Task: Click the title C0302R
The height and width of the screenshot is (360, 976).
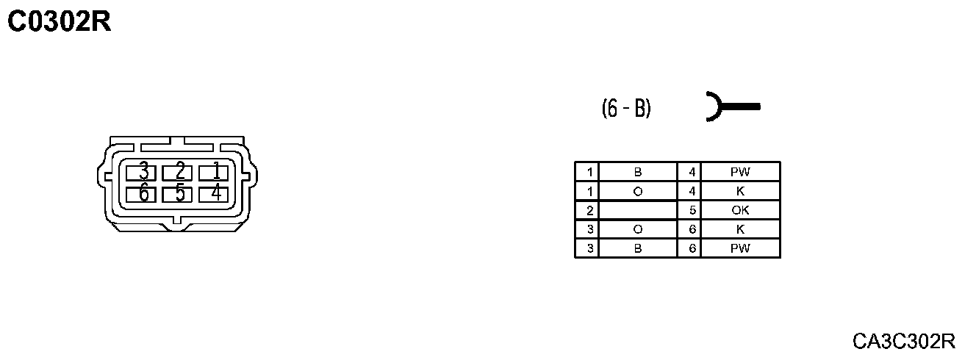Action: [59, 22]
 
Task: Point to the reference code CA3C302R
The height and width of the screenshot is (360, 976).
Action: [904, 341]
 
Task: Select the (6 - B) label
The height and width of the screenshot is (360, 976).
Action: [626, 109]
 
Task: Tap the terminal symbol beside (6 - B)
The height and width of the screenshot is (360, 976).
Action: [731, 107]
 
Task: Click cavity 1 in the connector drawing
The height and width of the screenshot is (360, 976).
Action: [216, 173]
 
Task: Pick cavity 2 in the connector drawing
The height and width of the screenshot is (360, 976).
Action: [179, 173]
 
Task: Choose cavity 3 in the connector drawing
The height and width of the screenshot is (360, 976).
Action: [143, 173]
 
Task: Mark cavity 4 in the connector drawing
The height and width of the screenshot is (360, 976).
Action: [216, 194]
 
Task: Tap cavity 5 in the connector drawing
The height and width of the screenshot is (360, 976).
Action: [179, 194]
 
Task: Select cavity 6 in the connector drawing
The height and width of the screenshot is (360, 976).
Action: [143, 194]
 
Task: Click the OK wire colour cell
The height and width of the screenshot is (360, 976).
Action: [740, 210]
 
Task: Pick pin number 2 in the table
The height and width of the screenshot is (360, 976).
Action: [589, 210]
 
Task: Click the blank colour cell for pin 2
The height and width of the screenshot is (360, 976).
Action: [638, 210]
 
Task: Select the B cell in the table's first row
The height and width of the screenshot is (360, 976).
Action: [638, 172]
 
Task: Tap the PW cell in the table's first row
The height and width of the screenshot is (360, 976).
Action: [740, 172]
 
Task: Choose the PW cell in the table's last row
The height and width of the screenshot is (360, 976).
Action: [740, 248]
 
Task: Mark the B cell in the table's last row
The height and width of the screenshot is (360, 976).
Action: [638, 248]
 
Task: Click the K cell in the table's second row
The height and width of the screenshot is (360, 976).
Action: [740, 191]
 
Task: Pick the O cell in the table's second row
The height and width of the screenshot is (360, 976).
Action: [638, 191]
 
